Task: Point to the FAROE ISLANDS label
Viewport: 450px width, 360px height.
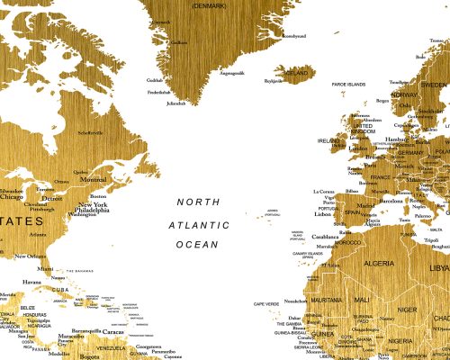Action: [x=349, y=84]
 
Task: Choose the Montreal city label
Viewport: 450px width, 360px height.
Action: [x=94, y=179]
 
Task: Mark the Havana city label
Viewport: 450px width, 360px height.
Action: [x=32, y=282]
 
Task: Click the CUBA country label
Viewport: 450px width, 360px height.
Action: [x=58, y=289]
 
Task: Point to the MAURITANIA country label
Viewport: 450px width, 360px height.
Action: [x=326, y=300]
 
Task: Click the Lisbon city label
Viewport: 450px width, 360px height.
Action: [x=323, y=214]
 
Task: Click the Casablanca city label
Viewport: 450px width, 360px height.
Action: [x=325, y=238]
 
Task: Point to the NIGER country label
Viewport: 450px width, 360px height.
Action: [x=407, y=309]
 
